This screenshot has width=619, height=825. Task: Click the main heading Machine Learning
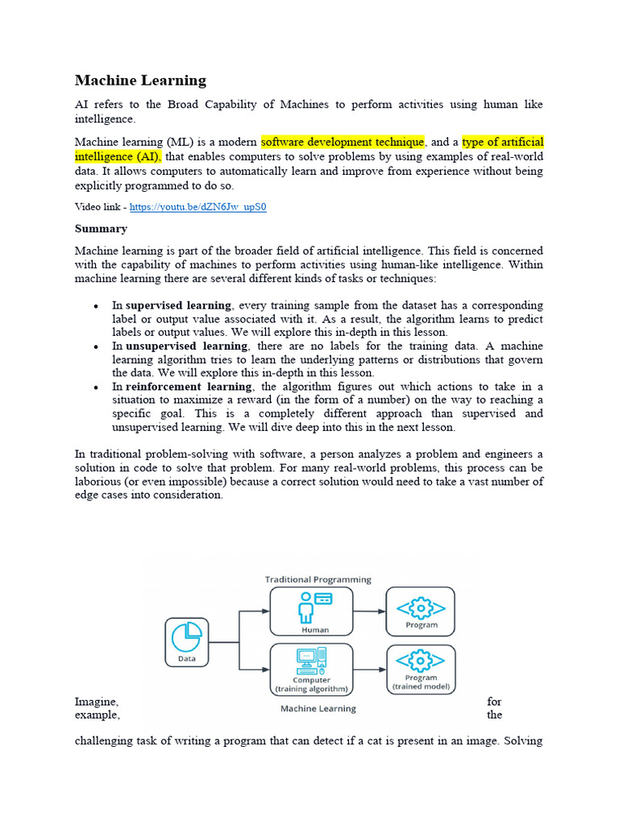pos(140,80)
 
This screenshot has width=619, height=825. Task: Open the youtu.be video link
pos(197,207)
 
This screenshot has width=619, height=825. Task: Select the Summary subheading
pos(101,229)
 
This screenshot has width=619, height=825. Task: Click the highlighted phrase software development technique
pos(343,143)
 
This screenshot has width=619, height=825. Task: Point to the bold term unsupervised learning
pos(186,346)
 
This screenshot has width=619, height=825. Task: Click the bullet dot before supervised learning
pos(96,306)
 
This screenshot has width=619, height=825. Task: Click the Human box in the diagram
pos(310,611)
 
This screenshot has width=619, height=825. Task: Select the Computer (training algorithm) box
pos(310,669)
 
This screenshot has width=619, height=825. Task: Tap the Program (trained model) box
pos(421,669)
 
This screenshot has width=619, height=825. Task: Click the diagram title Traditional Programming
pos(318,578)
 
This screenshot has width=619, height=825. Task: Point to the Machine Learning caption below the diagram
pos(318,709)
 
